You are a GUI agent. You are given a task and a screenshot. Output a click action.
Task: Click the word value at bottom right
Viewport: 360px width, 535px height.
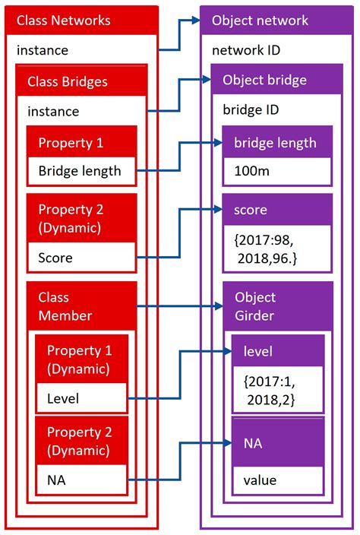pos(260,480)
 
